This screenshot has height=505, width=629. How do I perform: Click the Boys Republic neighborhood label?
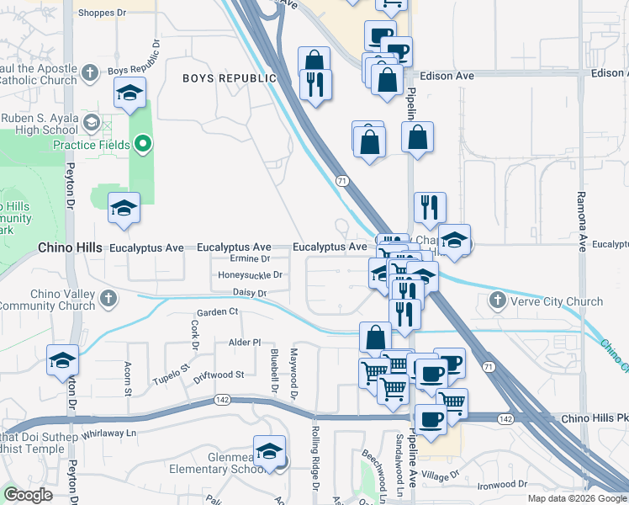click(x=230, y=78)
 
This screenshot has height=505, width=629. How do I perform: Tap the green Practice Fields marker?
click(x=143, y=145)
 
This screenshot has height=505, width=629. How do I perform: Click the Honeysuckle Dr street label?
click(x=250, y=274)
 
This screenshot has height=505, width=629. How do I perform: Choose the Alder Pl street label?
click(x=246, y=343)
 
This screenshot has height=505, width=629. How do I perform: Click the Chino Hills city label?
click(x=70, y=248)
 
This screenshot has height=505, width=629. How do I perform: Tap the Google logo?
click(x=28, y=495)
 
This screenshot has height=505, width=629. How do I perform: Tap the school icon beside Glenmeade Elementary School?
click(x=270, y=451)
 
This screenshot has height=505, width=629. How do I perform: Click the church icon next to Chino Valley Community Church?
click(x=108, y=299)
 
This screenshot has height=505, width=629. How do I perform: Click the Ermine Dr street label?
click(x=249, y=259)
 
